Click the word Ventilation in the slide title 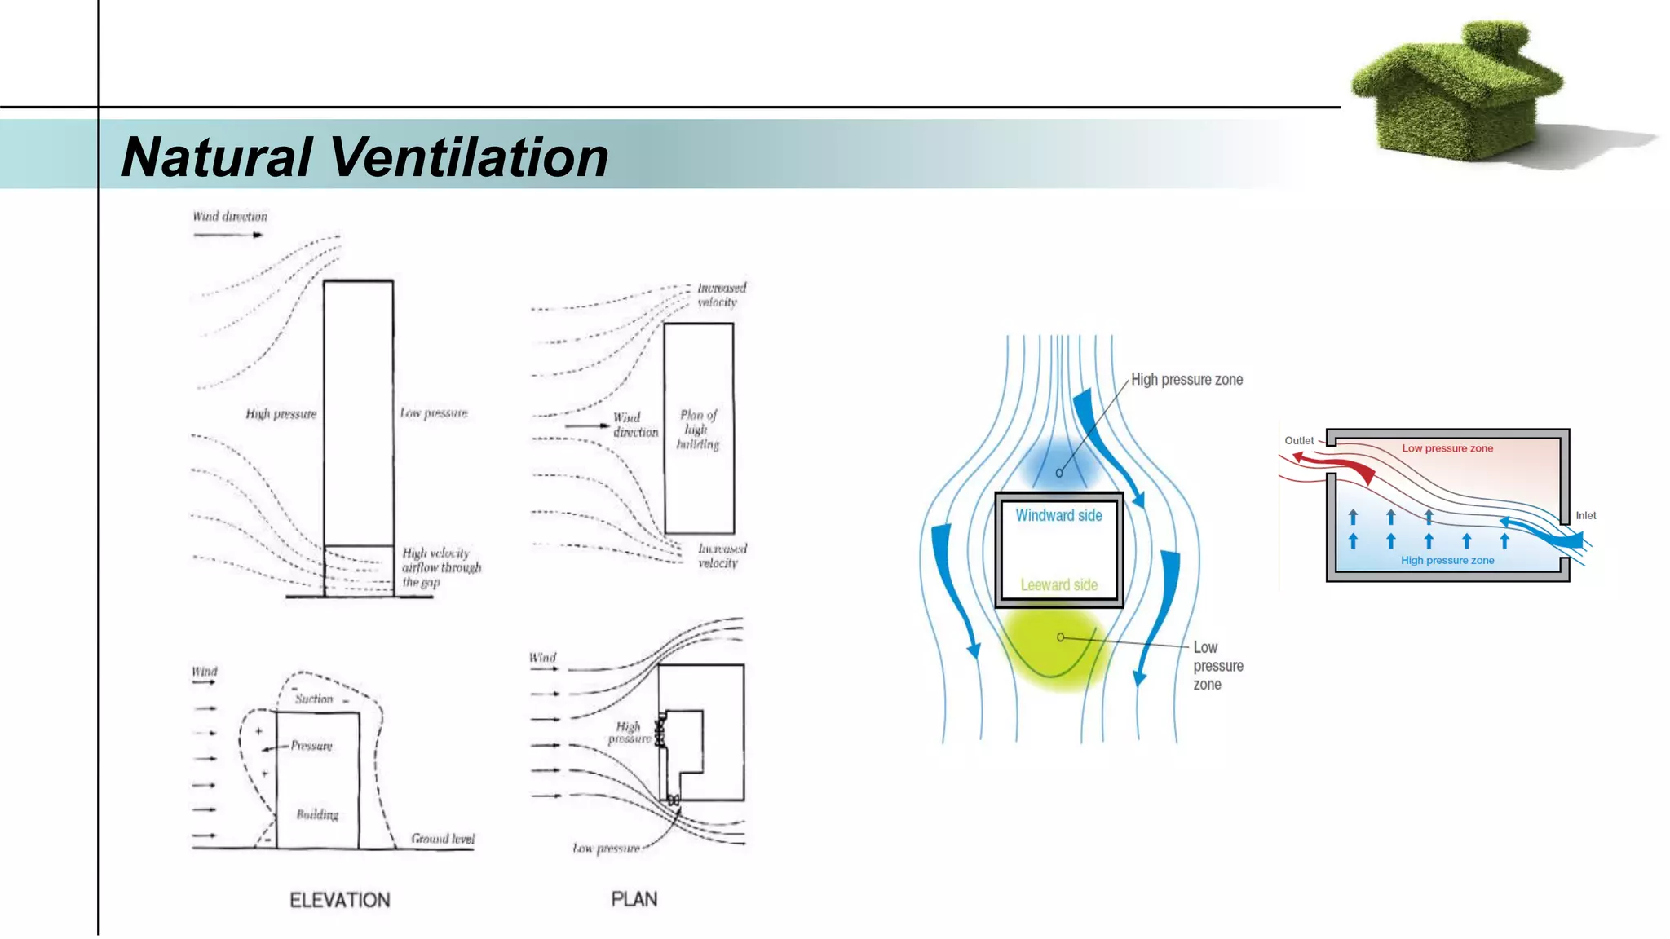[469, 156]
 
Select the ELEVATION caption [340, 900]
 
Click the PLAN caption [634, 899]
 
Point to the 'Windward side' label [1058, 515]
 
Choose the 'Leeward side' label [1058, 584]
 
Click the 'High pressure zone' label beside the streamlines [1186, 380]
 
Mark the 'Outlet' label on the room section [1299, 441]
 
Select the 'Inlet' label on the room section [1585, 515]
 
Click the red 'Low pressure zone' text [1447, 448]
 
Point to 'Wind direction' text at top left [230, 217]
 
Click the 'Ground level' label [442, 839]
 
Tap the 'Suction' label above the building [314, 699]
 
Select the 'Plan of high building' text [698, 430]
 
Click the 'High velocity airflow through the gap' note [441, 567]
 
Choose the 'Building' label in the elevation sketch [317, 814]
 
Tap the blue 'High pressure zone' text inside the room [1447, 560]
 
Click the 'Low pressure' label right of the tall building [434, 413]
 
